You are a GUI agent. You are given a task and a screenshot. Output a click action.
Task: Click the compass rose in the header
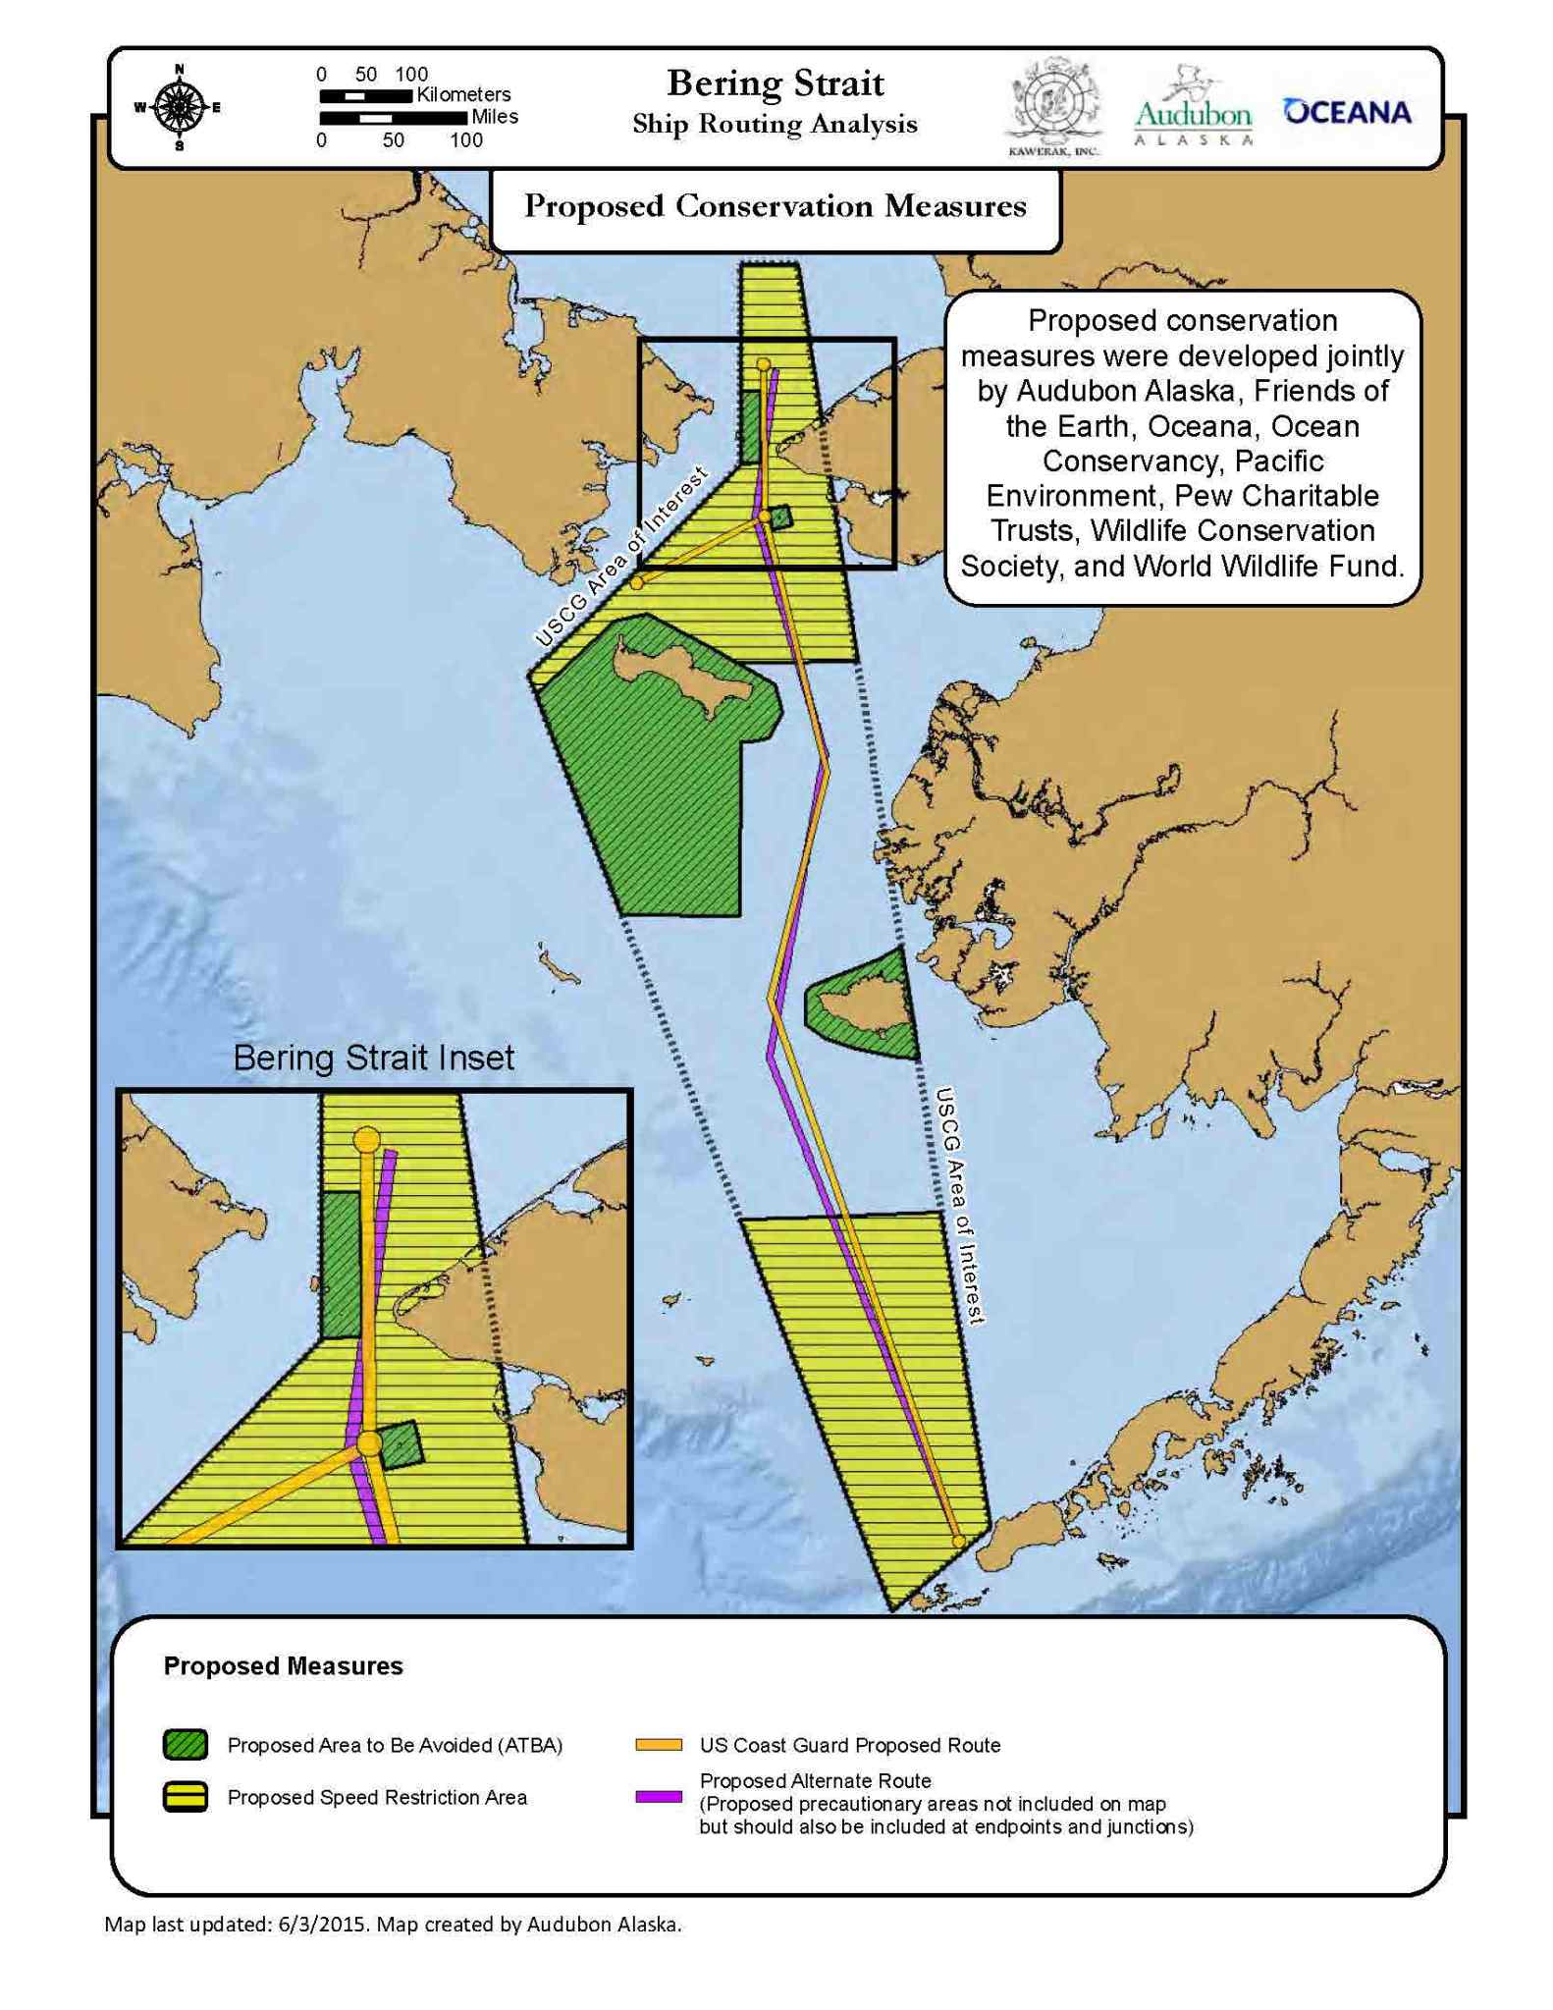pos(179,107)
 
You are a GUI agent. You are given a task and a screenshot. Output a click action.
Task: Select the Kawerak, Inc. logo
pos(1053,106)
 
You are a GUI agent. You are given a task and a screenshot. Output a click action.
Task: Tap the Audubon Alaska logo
pos(1193,108)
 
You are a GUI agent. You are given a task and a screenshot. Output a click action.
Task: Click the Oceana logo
pos(1347,112)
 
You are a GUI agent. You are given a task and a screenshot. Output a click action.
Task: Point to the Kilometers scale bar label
pos(463,94)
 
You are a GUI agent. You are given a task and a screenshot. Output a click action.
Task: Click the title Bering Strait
pos(775,83)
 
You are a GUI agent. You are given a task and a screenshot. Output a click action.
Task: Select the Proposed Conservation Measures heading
pos(775,206)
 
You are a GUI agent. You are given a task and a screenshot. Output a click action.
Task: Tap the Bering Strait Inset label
pos(373,1058)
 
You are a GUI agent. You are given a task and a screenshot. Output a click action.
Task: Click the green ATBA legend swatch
pos(185,1744)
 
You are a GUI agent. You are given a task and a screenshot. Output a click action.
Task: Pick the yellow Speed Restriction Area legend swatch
pos(185,1796)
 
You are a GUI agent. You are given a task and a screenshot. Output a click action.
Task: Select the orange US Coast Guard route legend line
pos(658,1745)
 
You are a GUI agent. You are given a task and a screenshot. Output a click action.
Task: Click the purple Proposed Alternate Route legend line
pos(658,1796)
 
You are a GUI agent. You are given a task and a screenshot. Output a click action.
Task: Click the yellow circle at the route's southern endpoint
pos(958,1542)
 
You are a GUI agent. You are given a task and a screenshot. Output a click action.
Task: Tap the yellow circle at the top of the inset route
pos(366,1140)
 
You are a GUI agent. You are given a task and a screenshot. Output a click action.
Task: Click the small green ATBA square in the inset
pos(401,1443)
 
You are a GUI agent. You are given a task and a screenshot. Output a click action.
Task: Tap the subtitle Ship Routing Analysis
pos(775,125)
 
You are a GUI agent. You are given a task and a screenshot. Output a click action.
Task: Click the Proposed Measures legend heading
pos(283,1665)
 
